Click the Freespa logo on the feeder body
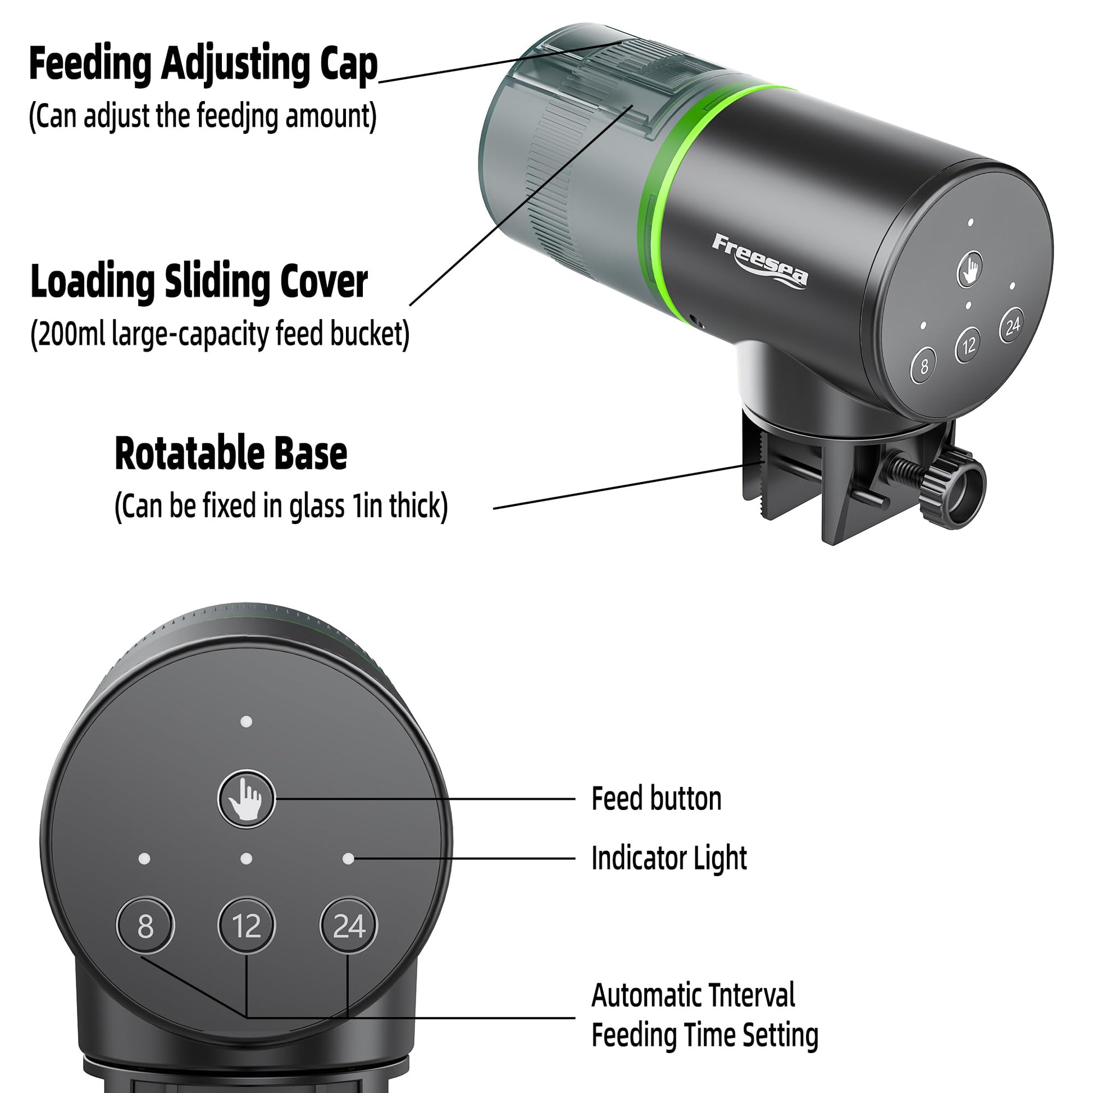760,261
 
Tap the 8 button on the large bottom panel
145,926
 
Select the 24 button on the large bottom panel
348,926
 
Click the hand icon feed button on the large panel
247,799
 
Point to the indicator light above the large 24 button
348,859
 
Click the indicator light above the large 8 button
144,859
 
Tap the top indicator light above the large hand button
247,722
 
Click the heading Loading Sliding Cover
199,282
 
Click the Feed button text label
656,799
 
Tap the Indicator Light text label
670,858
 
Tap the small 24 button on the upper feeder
1012,325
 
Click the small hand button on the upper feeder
969,269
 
